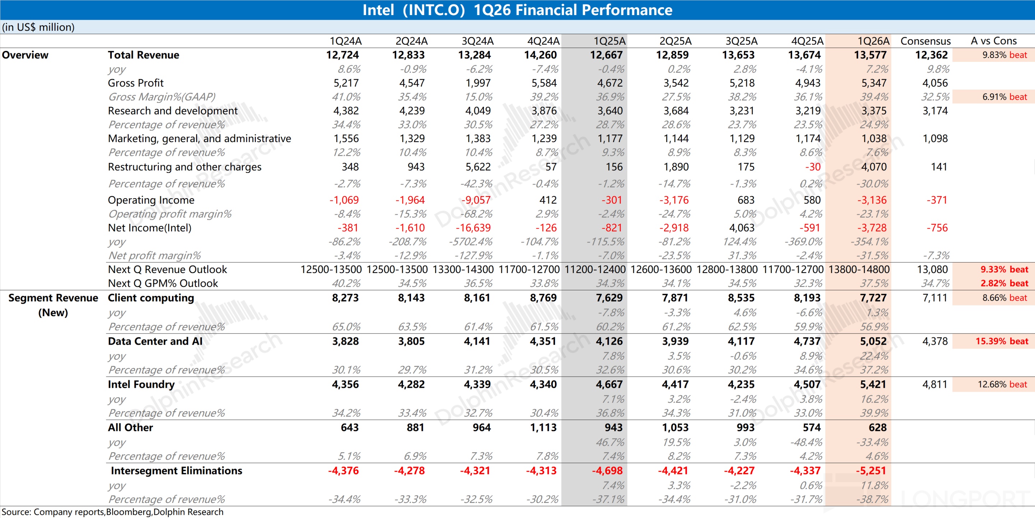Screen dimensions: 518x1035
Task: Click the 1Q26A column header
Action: point(873,41)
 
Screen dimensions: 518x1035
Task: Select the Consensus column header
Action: point(925,41)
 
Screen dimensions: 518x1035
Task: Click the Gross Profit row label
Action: point(135,83)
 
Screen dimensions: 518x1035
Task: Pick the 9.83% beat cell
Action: point(1004,55)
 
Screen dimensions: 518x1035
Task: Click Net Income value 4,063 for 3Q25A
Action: point(742,228)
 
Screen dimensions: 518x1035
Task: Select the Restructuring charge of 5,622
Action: point(478,167)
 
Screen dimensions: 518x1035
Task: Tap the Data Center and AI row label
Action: point(155,341)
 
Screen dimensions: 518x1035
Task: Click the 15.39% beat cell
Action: point(1002,341)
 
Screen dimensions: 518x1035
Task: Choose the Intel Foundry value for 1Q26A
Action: point(873,385)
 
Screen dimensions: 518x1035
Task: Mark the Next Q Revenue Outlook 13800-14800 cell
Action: point(859,269)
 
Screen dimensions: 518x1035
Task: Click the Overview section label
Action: point(25,55)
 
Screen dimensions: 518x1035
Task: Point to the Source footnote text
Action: point(112,512)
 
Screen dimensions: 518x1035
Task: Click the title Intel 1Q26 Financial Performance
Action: point(517,10)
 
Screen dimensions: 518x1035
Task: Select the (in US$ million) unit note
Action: point(38,27)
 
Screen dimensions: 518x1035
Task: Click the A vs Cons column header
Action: point(993,41)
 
